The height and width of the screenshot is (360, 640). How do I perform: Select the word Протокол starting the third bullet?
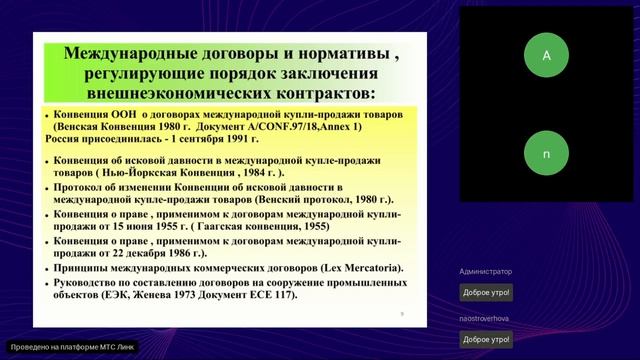(80, 187)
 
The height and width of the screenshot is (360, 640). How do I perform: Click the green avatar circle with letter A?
(546, 56)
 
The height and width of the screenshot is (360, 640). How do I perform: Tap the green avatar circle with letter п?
(546, 155)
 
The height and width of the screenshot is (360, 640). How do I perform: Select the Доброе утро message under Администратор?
(485, 292)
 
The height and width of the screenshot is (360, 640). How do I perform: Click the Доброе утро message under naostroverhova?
(485, 339)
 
